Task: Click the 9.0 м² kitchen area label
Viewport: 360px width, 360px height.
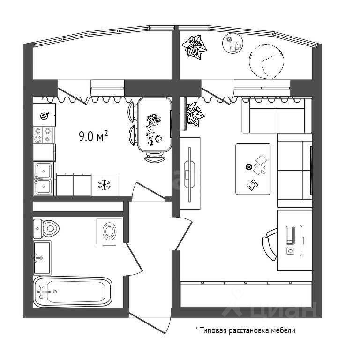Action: [94, 136]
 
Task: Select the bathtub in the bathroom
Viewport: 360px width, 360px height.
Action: [73, 292]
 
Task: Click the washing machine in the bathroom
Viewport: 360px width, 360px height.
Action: [109, 231]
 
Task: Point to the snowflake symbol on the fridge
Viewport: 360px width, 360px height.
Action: [103, 185]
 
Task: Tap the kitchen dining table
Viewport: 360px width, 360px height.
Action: [153, 126]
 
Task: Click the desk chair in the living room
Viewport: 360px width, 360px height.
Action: [270, 242]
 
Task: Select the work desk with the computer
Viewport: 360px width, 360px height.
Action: [294, 240]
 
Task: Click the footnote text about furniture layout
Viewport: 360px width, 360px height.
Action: [245, 330]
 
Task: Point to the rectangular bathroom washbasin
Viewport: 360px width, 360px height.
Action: [42, 257]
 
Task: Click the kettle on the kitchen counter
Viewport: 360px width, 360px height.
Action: [45, 115]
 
